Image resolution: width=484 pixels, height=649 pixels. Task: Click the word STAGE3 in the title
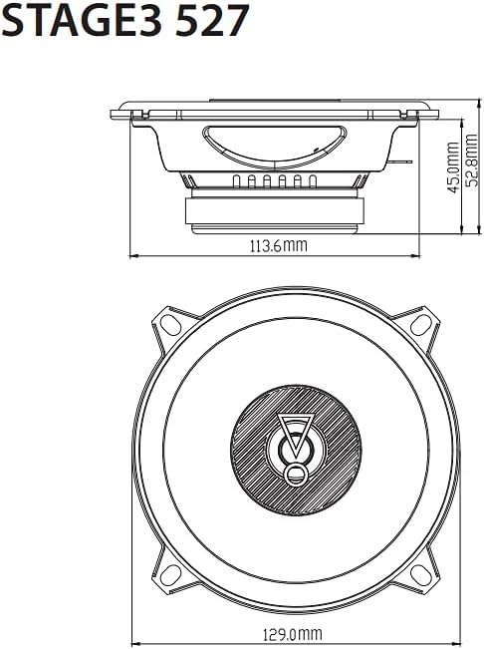[x=82, y=20]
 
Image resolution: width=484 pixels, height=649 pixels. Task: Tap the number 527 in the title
[x=212, y=20]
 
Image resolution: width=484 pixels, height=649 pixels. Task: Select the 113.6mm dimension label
[x=279, y=246]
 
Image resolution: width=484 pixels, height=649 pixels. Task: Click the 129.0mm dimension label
[x=292, y=634]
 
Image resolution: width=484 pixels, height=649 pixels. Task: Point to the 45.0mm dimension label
[x=453, y=167]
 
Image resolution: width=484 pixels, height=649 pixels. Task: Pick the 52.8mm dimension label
[x=472, y=160]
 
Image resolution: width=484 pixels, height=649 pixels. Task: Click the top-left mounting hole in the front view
[x=170, y=325]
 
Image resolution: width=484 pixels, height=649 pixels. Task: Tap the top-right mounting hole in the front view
[x=421, y=325]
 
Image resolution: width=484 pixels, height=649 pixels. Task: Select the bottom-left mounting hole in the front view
[x=170, y=575]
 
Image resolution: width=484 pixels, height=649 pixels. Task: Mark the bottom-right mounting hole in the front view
[x=421, y=575]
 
